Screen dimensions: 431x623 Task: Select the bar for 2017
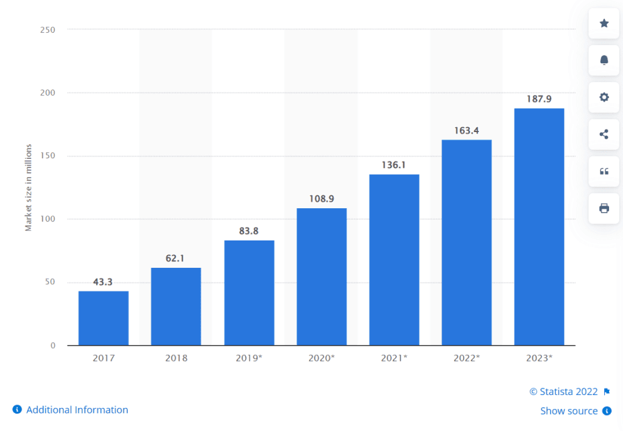pyautogui.click(x=103, y=318)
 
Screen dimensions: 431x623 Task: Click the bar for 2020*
pyautogui.click(x=321, y=276)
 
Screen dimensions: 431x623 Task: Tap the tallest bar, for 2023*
pyautogui.click(x=539, y=226)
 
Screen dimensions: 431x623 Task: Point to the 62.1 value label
pyautogui.click(x=176, y=258)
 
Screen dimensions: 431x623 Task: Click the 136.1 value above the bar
pyautogui.click(x=394, y=164)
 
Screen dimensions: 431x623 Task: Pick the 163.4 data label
pyautogui.click(x=467, y=130)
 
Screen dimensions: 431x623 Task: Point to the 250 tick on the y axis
pyautogui.click(x=48, y=30)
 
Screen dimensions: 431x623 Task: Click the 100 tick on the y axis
pyautogui.click(x=48, y=219)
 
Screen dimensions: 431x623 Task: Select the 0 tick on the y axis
pyautogui.click(x=53, y=345)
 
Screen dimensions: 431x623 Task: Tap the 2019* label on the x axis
pyautogui.click(x=249, y=358)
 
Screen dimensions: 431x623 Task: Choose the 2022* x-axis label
pyautogui.click(x=467, y=358)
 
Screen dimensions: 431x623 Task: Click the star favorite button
pyautogui.click(x=604, y=23)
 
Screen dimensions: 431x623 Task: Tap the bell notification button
pyautogui.click(x=604, y=60)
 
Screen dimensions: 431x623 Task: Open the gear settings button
pyautogui.click(x=604, y=97)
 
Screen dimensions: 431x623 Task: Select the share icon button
pyautogui.click(x=604, y=135)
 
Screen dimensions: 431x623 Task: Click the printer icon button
pyautogui.click(x=604, y=208)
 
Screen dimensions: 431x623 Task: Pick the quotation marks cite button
pyautogui.click(x=604, y=172)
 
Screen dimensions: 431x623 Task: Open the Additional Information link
pyautogui.click(x=77, y=410)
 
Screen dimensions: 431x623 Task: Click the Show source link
pyautogui.click(x=569, y=411)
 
